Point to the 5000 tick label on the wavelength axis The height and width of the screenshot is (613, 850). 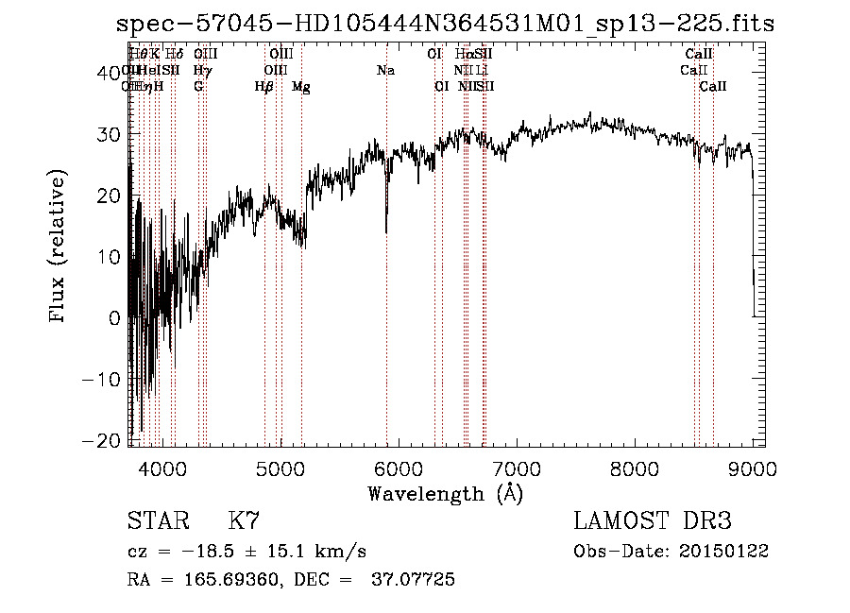click(280, 468)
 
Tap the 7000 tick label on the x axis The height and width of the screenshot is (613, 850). click(516, 468)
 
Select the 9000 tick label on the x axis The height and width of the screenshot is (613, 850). click(753, 468)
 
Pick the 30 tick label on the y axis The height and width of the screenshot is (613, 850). click(109, 134)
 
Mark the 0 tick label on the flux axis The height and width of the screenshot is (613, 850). click(114, 318)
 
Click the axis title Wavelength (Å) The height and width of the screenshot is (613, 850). click(445, 493)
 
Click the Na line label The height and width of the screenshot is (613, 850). click(385, 71)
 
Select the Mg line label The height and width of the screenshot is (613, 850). click(301, 87)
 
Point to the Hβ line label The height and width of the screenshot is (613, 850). click(264, 87)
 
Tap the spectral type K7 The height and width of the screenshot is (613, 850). click(244, 521)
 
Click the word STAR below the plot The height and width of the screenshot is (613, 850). click(158, 521)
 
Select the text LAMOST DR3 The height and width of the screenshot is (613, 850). click(653, 521)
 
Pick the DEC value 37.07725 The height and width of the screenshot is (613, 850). click(416, 580)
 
